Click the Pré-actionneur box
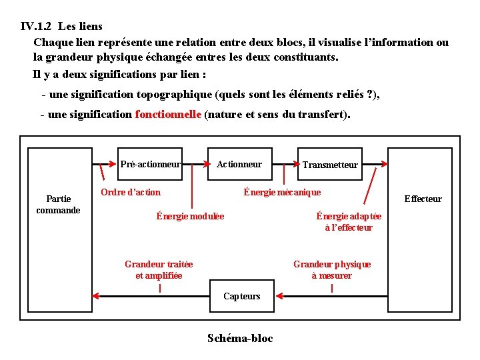point(150,164)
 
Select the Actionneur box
point(239,164)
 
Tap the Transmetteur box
point(330,165)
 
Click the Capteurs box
point(241,296)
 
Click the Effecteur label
point(423,199)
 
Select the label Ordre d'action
point(131,192)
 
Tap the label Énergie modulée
point(190,216)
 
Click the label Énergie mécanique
point(282,192)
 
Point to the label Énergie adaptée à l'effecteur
point(349,221)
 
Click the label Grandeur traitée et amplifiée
point(159,269)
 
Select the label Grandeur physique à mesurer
point(332,269)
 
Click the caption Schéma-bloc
point(240,338)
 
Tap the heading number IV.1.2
point(37,27)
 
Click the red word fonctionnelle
point(168,114)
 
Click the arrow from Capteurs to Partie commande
point(150,295)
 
